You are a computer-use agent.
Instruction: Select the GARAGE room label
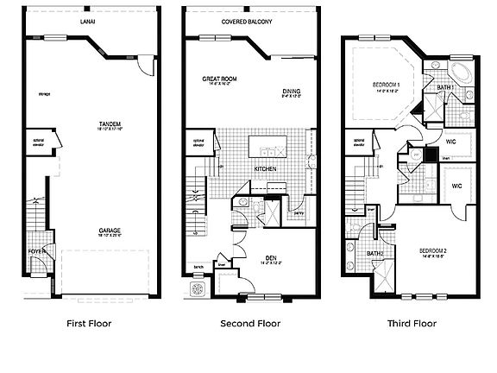pyautogui.click(x=109, y=230)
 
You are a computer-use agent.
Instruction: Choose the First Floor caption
pyautogui.click(x=89, y=324)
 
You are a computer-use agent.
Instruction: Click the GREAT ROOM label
pyautogui.click(x=219, y=79)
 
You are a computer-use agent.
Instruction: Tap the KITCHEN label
pyautogui.click(x=265, y=168)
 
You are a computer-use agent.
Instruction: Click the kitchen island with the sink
pyautogui.click(x=266, y=144)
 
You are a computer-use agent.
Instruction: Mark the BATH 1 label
pyautogui.click(x=446, y=88)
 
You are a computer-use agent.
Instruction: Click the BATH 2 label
pyautogui.click(x=374, y=253)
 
